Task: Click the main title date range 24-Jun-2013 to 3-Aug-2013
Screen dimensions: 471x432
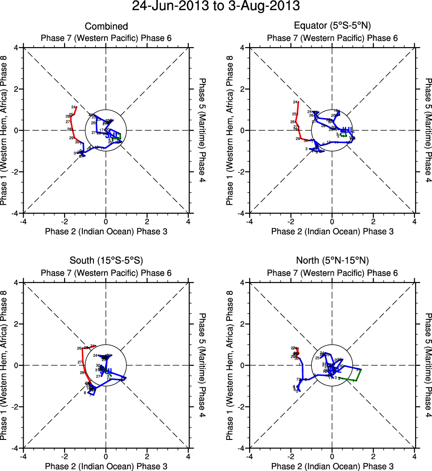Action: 216,7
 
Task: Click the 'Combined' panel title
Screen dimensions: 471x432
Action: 106,27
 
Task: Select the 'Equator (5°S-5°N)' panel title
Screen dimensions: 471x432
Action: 332,27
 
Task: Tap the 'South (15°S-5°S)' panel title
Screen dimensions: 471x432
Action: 106,261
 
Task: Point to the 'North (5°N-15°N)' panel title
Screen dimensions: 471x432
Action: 332,261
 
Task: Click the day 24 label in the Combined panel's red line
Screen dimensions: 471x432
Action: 73,107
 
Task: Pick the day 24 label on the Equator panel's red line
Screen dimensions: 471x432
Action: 295,102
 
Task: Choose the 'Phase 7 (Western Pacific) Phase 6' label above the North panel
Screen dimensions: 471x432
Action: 332,273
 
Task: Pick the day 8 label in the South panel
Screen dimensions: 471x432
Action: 85,393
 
